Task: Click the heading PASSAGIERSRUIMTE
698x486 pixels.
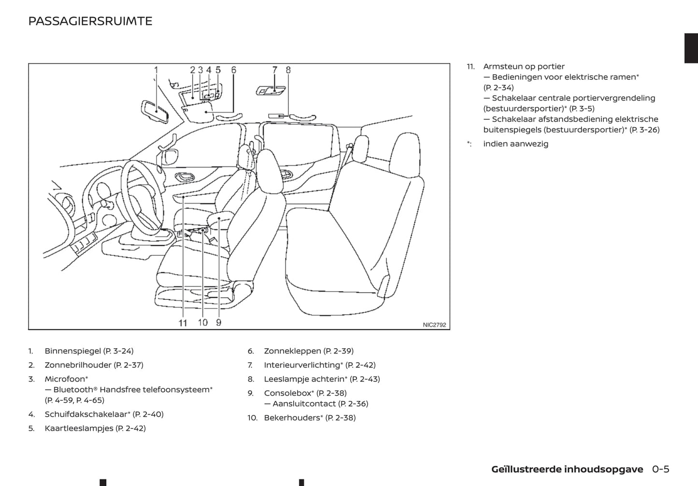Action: pos(90,21)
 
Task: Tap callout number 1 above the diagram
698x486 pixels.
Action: pos(156,70)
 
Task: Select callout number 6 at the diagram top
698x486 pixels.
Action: pos(234,70)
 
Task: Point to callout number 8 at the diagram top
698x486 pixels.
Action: pos(288,70)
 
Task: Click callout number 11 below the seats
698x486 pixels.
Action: pos(183,323)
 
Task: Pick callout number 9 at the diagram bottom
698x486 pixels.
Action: pos(219,322)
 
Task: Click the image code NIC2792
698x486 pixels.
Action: pos(434,325)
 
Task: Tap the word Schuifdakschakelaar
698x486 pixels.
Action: pos(86,414)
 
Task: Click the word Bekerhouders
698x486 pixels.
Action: pos(292,418)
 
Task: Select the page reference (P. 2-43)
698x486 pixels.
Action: pos(365,379)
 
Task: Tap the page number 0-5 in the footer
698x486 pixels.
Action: pos(660,469)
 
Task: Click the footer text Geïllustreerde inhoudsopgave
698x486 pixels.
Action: pos(567,469)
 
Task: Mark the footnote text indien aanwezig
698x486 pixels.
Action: pos(515,144)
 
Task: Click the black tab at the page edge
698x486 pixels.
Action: pos(691,48)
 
